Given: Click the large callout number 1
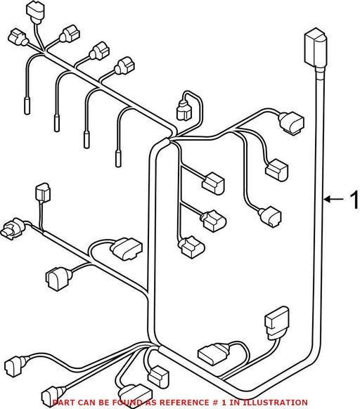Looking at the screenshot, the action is [354, 200].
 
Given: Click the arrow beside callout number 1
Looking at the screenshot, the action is [334, 200].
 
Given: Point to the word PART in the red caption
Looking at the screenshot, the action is [61, 403].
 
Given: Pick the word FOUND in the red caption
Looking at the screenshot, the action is [125, 403].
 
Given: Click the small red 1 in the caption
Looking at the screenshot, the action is [224, 403].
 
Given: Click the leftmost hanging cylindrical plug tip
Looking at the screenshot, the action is [27, 105].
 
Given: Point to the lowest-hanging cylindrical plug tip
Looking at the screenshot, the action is [118, 158].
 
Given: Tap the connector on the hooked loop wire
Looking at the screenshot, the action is [184, 111].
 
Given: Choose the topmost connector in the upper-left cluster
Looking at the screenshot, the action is [36, 11].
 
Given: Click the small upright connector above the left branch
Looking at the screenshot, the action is [43, 193].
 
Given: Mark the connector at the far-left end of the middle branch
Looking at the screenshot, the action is [12, 229].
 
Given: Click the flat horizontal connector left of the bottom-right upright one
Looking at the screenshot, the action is [214, 353].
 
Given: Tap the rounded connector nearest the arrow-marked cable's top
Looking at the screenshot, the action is [292, 122].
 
